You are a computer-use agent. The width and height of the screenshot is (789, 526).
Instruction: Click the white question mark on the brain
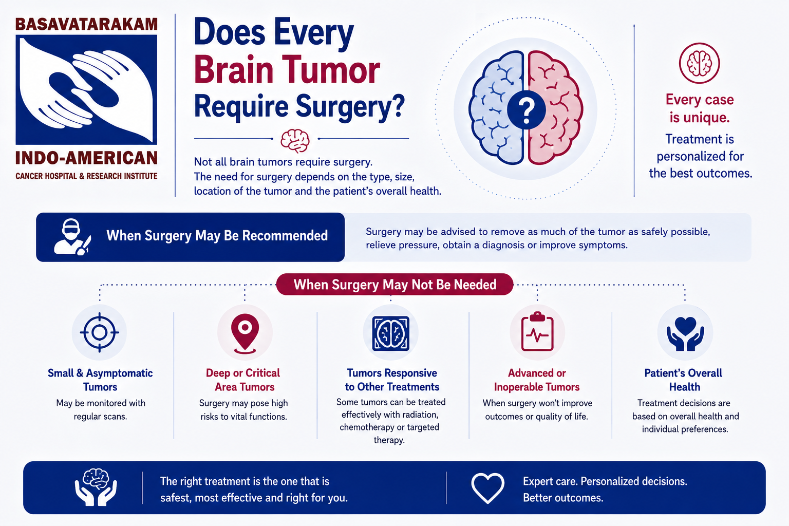point(527,110)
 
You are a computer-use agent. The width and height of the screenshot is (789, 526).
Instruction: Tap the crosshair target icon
point(99,332)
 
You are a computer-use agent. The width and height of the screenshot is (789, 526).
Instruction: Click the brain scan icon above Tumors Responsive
point(391,333)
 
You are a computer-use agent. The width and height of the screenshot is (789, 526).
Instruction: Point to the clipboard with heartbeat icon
point(537,332)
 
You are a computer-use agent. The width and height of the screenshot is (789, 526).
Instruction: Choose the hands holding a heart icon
point(685,334)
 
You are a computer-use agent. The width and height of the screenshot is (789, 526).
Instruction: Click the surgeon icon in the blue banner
point(72,237)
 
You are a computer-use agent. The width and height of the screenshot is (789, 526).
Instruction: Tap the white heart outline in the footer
point(488,487)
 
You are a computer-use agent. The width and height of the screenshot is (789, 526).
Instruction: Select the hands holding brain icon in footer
point(96,487)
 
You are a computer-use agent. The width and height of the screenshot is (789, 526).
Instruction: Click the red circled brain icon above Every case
point(699,63)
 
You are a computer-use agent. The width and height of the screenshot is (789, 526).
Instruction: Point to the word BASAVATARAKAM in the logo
point(86,24)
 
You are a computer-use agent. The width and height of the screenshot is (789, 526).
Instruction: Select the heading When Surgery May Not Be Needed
point(395,284)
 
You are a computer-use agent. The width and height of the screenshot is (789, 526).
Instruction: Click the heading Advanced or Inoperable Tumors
point(537,380)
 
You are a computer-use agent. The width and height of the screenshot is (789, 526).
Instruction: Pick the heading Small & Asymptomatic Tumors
point(100,380)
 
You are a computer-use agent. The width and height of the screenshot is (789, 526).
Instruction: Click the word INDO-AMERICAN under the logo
point(86,158)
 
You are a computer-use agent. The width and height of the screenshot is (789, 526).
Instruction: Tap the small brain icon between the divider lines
point(295,141)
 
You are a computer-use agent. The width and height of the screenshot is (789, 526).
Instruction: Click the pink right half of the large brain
point(555,107)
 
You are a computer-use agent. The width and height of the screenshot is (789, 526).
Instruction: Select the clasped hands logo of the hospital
point(86,89)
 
